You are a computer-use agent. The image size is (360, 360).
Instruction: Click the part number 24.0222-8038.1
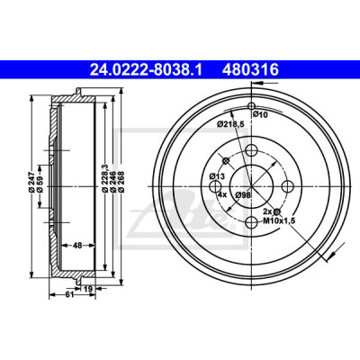click(x=147, y=70)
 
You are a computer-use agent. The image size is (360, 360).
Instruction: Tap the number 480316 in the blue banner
click(x=250, y=70)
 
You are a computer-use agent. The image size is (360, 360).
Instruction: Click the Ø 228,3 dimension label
click(x=104, y=177)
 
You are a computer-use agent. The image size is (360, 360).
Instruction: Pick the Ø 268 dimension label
click(x=121, y=181)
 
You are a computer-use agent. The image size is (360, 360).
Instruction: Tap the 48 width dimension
click(x=77, y=246)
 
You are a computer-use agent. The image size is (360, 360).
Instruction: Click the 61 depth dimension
click(x=69, y=294)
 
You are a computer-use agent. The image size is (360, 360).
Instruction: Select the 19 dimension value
click(x=87, y=289)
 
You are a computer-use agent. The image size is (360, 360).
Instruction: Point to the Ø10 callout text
click(x=260, y=114)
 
